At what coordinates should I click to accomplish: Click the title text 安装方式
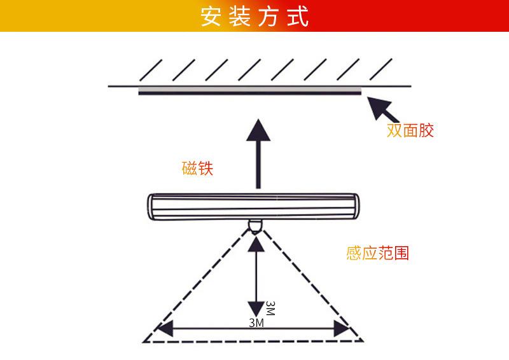254,17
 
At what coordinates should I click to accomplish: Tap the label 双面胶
410,130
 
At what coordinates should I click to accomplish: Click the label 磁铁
197,168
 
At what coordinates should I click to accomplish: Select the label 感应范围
377,253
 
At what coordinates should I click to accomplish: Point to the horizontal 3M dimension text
256,322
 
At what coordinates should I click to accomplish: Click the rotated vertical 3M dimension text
270,308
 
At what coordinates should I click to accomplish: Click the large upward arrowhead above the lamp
258,130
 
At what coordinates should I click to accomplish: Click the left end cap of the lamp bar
151,207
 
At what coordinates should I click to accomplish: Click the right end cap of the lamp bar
356,206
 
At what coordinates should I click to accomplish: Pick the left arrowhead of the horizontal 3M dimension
165,328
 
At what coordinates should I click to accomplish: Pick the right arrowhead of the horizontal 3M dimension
342,328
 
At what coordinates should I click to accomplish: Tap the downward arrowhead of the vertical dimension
256,309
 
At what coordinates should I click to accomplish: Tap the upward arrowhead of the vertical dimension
256,244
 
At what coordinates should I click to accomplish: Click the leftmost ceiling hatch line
151,70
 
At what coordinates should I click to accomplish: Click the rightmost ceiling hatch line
380,69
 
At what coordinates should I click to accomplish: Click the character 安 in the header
211,17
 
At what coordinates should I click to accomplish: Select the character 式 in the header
298,17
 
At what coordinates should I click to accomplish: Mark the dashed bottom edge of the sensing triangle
253,342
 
